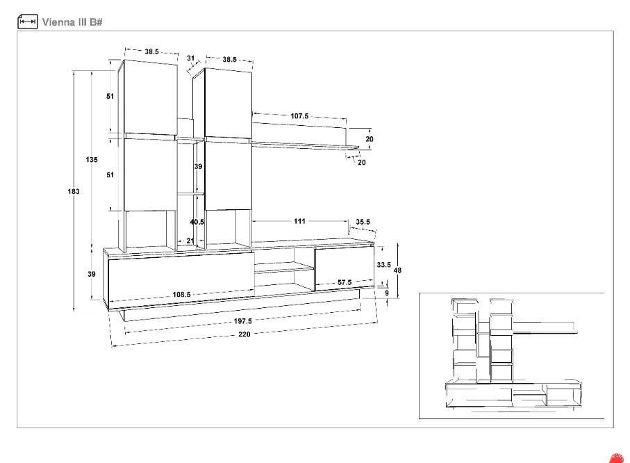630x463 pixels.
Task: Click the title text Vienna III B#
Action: coord(72,22)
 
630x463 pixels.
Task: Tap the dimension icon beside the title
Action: coord(27,22)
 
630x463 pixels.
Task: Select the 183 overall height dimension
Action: coord(74,191)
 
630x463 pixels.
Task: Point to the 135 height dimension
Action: coord(92,160)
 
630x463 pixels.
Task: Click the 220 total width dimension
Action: coord(244,334)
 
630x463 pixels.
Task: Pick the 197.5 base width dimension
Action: coord(242,321)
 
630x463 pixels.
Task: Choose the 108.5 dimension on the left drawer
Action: coord(181,295)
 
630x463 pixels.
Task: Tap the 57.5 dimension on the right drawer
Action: coord(345,282)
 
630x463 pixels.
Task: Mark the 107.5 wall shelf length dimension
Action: coord(299,116)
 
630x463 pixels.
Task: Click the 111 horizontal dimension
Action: coord(300,221)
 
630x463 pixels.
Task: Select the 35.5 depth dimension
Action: coord(363,222)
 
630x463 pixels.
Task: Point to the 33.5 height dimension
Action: coord(383,265)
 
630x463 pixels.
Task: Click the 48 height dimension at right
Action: coord(397,270)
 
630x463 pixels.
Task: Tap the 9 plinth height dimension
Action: coord(387,293)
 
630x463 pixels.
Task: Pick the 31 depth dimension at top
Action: coord(191,58)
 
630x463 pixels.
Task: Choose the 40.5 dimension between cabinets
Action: coord(197,222)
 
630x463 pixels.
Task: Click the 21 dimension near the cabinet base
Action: coord(190,241)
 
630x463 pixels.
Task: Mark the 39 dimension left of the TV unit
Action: coord(92,274)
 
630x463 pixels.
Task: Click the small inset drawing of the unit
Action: coord(511,356)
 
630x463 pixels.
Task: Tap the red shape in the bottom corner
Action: coord(617,459)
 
